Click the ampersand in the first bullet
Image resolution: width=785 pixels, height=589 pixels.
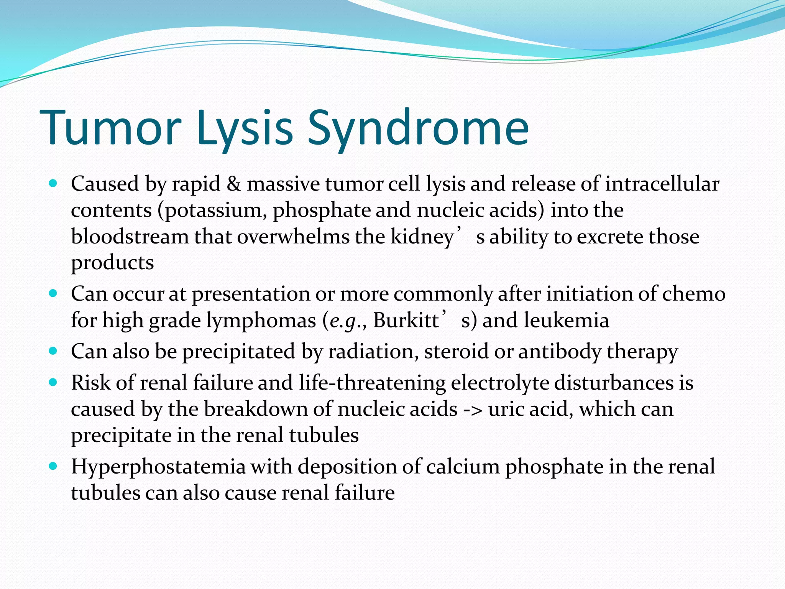pyautogui.click(x=233, y=184)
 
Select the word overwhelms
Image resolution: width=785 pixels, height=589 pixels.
pyautogui.click(x=293, y=237)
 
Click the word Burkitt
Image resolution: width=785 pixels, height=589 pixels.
pyautogui.click(x=406, y=320)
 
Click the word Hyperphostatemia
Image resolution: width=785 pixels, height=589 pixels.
pyautogui.click(x=158, y=467)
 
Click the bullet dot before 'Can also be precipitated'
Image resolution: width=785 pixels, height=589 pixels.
pyautogui.click(x=53, y=351)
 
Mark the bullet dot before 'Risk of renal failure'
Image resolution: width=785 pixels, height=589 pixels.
pyautogui.click(x=53, y=382)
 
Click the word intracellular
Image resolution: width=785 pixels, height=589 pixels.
pyautogui.click(x=662, y=184)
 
